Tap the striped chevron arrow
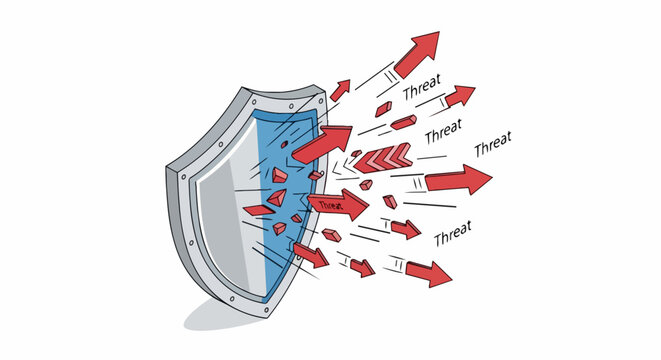coord(382,156)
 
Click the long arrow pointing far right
coord(458,180)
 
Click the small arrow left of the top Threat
coord(341,89)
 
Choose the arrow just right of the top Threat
coord(459,97)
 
